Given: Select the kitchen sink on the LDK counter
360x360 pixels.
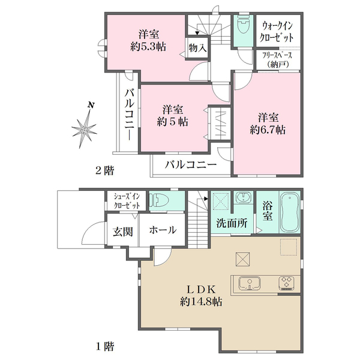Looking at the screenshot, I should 248,282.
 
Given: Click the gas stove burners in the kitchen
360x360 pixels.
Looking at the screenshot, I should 285,282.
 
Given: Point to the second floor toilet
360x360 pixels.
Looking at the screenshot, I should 243,25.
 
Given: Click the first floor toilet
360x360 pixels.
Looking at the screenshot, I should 160,200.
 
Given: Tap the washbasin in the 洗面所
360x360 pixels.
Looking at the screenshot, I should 243,199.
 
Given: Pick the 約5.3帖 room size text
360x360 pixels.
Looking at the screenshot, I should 148,46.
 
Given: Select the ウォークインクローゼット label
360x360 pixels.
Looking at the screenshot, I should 277,31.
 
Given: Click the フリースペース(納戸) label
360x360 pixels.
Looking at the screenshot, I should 277,58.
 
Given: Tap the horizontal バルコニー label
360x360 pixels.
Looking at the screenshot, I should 190,164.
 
